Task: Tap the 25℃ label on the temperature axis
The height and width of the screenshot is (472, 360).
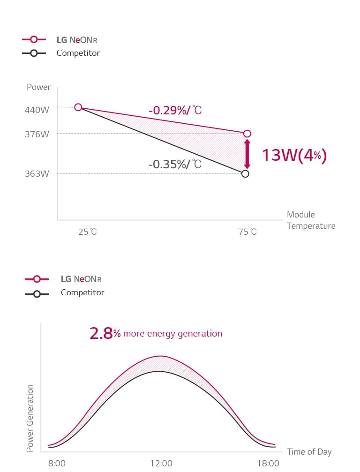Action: click(88, 232)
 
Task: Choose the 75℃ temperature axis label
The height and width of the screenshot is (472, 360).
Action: click(247, 232)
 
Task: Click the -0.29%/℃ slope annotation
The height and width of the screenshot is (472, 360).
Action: click(175, 111)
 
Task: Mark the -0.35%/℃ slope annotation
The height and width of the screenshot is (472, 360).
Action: click(175, 165)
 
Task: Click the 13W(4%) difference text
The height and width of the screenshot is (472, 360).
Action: click(293, 155)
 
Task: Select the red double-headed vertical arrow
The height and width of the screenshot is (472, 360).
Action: click(247, 154)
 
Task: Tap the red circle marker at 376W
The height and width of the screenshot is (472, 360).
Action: click(247, 134)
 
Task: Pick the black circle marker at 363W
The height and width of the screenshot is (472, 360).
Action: click(245, 174)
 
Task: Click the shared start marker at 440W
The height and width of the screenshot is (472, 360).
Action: click(78, 107)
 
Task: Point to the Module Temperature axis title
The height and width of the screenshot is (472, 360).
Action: click(311, 220)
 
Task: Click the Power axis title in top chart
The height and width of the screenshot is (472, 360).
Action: click(38, 87)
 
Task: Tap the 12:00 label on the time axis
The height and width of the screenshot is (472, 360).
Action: click(161, 464)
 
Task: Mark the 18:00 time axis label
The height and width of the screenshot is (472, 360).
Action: click(269, 464)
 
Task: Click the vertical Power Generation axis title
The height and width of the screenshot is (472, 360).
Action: click(30, 418)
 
